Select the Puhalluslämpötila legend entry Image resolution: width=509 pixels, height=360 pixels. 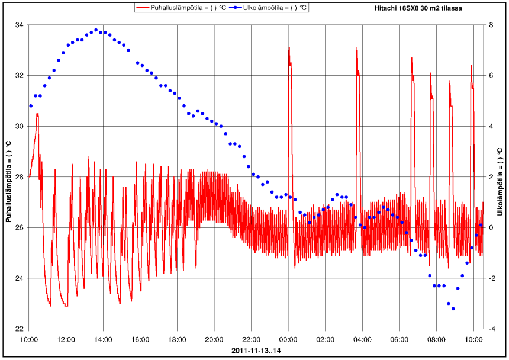point(181,8)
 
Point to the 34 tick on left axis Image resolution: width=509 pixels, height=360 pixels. point(19,25)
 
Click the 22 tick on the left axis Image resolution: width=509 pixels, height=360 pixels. point(19,329)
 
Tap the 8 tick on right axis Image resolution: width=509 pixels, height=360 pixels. point(492,25)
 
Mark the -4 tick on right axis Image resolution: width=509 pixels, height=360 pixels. point(493,329)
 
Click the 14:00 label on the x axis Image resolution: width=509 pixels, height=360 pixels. point(103,340)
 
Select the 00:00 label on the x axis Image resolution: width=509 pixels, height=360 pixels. point(288,340)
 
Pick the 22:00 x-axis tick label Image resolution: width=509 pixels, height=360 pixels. point(252,340)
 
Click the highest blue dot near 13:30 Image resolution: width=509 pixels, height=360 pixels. point(96,30)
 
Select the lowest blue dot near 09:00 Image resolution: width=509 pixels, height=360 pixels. point(453,308)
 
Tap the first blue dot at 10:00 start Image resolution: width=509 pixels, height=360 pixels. point(31,106)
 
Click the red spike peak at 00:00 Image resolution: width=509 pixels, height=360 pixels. point(289,48)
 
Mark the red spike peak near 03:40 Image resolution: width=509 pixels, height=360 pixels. point(357,48)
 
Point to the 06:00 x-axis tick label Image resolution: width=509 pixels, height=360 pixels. point(400,340)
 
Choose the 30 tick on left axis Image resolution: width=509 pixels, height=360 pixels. point(19,126)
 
